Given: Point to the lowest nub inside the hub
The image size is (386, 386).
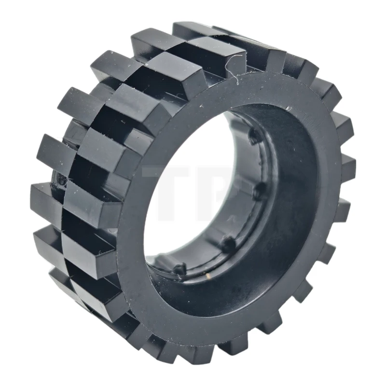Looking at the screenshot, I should click(x=179, y=268).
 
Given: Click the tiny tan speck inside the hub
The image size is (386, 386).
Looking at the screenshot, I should click(x=208, y=276).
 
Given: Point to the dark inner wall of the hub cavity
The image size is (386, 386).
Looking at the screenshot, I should click(x=289, y=193).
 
